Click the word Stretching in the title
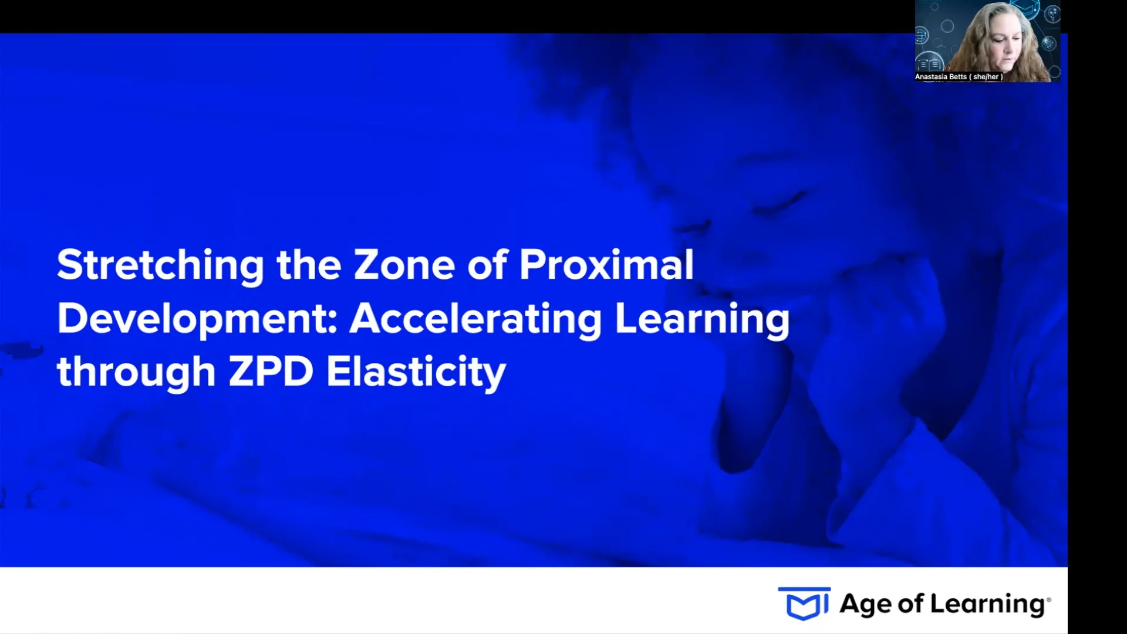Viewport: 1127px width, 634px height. pos(160,266)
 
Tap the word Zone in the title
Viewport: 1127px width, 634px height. pos(404,265)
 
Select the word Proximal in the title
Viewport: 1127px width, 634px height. pos(606,265)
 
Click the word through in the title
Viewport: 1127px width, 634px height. pos(136,373)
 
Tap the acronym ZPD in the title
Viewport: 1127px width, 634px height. pos(271,372)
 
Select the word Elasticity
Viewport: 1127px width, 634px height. pos(416,373)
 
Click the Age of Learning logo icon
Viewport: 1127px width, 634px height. pos(804,603)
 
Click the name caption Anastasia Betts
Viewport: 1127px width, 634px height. pos(940,77)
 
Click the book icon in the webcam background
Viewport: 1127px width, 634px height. pos(930,63)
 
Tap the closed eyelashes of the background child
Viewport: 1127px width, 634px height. pos(775,203)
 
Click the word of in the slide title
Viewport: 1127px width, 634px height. pos(487,265)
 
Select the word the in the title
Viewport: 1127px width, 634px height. pos(309,265)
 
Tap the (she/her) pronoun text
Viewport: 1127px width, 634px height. pos(986,77)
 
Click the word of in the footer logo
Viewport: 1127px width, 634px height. pos(910,604)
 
